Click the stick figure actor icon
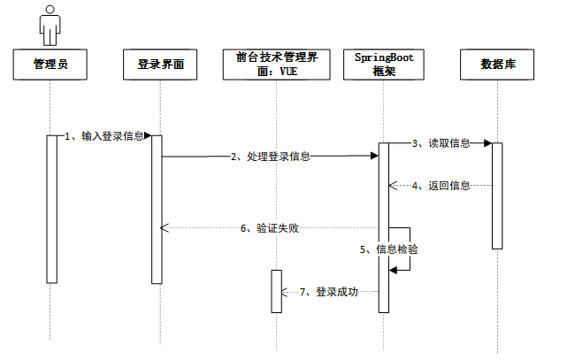(x=50, y=26)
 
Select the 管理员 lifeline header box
(x=50, y=65)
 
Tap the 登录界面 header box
(x=160, y=65)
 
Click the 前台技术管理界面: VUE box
(x=277, y=65)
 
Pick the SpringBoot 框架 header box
(x=384, y=65)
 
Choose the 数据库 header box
(x=497, y=65)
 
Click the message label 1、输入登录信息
(x=104, y=136)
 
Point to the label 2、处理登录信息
(x=271, y=157)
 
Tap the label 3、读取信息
(x=441, y=143)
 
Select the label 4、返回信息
(x=441, y=186)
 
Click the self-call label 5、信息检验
(x=389, y=249)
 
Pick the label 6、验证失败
(x=270, y=228)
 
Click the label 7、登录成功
(x=329, y=291)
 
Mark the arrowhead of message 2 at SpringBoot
(x=375, y=156)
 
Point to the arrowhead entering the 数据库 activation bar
(x=487, y=143)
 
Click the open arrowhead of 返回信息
(x=393, y=186)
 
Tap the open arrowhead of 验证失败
(x=165, y=227)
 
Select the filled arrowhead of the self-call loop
(x=393, y=270)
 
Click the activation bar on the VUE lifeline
(x=277, y=291)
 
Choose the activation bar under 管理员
(x=51, y=210)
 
